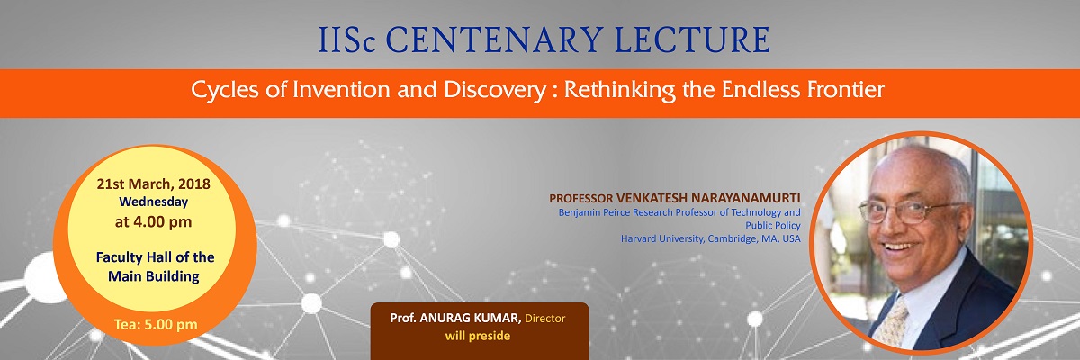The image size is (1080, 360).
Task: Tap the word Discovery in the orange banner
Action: click(495, 91)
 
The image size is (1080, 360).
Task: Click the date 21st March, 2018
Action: click(153, 184)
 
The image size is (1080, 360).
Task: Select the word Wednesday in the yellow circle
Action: click(154, 202)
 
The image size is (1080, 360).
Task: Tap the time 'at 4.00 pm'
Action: click(153, 221)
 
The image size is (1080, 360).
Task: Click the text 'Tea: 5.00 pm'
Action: click(156, 324)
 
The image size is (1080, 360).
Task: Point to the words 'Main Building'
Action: click(154, 276)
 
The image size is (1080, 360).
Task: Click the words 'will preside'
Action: click(478, 336)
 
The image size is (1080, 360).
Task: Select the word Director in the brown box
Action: click(545, 318)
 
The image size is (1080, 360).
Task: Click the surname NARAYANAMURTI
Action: click(745, 198)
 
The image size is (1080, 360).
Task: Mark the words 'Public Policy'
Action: click(773, 226)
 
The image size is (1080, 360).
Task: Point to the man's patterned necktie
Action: click(892, 321)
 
